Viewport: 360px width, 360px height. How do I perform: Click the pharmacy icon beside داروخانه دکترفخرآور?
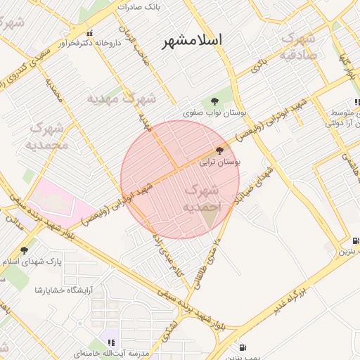point(89,33)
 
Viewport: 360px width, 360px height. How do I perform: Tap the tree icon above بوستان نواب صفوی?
point(215,99)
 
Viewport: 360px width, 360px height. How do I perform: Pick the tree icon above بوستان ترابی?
point(219,150)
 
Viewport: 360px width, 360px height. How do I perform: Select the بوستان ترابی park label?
point(219,162)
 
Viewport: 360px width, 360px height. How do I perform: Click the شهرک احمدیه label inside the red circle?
point(201,198)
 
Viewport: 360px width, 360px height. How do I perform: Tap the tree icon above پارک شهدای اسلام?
point(24,250)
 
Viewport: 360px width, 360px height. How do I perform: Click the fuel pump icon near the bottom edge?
point(243,347)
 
